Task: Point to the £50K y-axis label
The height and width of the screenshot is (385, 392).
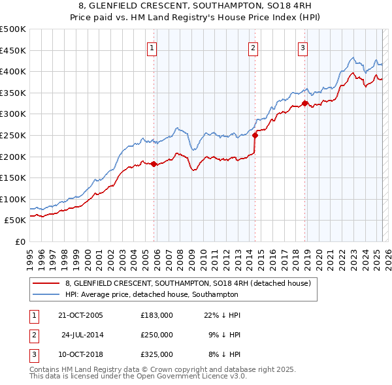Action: coord(16,221)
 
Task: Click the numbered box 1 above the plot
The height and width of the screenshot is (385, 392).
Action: coord(152,47)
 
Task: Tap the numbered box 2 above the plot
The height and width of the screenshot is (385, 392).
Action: coord(253,47)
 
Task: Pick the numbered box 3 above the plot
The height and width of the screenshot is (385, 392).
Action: coord(303,47)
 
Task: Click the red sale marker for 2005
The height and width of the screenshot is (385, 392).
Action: coord(154,164)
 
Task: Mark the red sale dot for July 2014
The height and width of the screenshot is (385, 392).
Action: coord(255,136)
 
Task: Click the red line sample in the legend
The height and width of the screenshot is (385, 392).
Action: coord(46,283)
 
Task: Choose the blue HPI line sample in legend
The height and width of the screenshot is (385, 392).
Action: coord(46,294)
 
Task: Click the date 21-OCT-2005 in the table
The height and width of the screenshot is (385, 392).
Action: coord(81,315)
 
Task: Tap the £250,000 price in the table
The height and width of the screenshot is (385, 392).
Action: coord(157,335)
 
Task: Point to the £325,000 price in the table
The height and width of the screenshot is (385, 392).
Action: coord(157,354)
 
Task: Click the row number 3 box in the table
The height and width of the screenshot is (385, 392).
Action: coord(33,354)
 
